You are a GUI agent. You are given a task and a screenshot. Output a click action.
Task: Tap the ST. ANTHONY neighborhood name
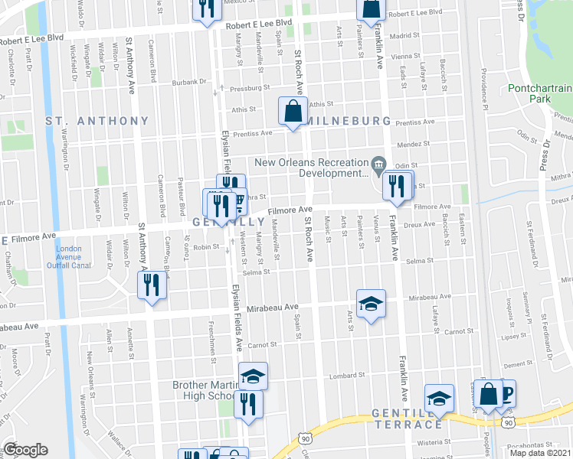97,121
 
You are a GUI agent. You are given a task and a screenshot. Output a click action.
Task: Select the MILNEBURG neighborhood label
349,121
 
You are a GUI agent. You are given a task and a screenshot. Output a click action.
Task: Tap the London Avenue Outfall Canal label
74,256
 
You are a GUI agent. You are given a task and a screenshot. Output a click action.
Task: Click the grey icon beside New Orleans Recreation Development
378,164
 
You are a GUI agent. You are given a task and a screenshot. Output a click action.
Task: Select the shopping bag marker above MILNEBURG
293,111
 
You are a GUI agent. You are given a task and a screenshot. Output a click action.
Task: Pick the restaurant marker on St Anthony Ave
151,285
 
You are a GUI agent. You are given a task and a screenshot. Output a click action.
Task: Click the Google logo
25,450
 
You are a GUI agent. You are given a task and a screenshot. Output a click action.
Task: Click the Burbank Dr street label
190,82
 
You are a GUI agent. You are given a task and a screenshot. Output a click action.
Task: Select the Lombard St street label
349,376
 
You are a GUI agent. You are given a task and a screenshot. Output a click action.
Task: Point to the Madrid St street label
404,35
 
